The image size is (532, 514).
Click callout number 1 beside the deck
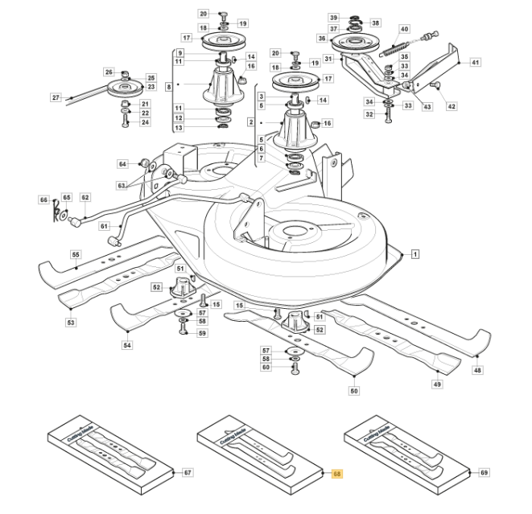tap(415, 254)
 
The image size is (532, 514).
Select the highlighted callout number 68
tap(336, 474)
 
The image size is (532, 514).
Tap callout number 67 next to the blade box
tap(188, 474)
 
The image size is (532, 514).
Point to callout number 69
tap(484, 474)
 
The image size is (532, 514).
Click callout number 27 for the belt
tap(56, 97)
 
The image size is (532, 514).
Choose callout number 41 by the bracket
tap(475, 62)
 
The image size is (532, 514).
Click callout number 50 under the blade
tap(353, 391)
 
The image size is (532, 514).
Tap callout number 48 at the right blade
tap(478, 370)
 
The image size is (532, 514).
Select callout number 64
tap(123, 164)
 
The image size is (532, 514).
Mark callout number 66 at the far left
tap(44, 199)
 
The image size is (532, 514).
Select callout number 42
tap(452, 105)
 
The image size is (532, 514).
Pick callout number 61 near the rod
tap(104, 226)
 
